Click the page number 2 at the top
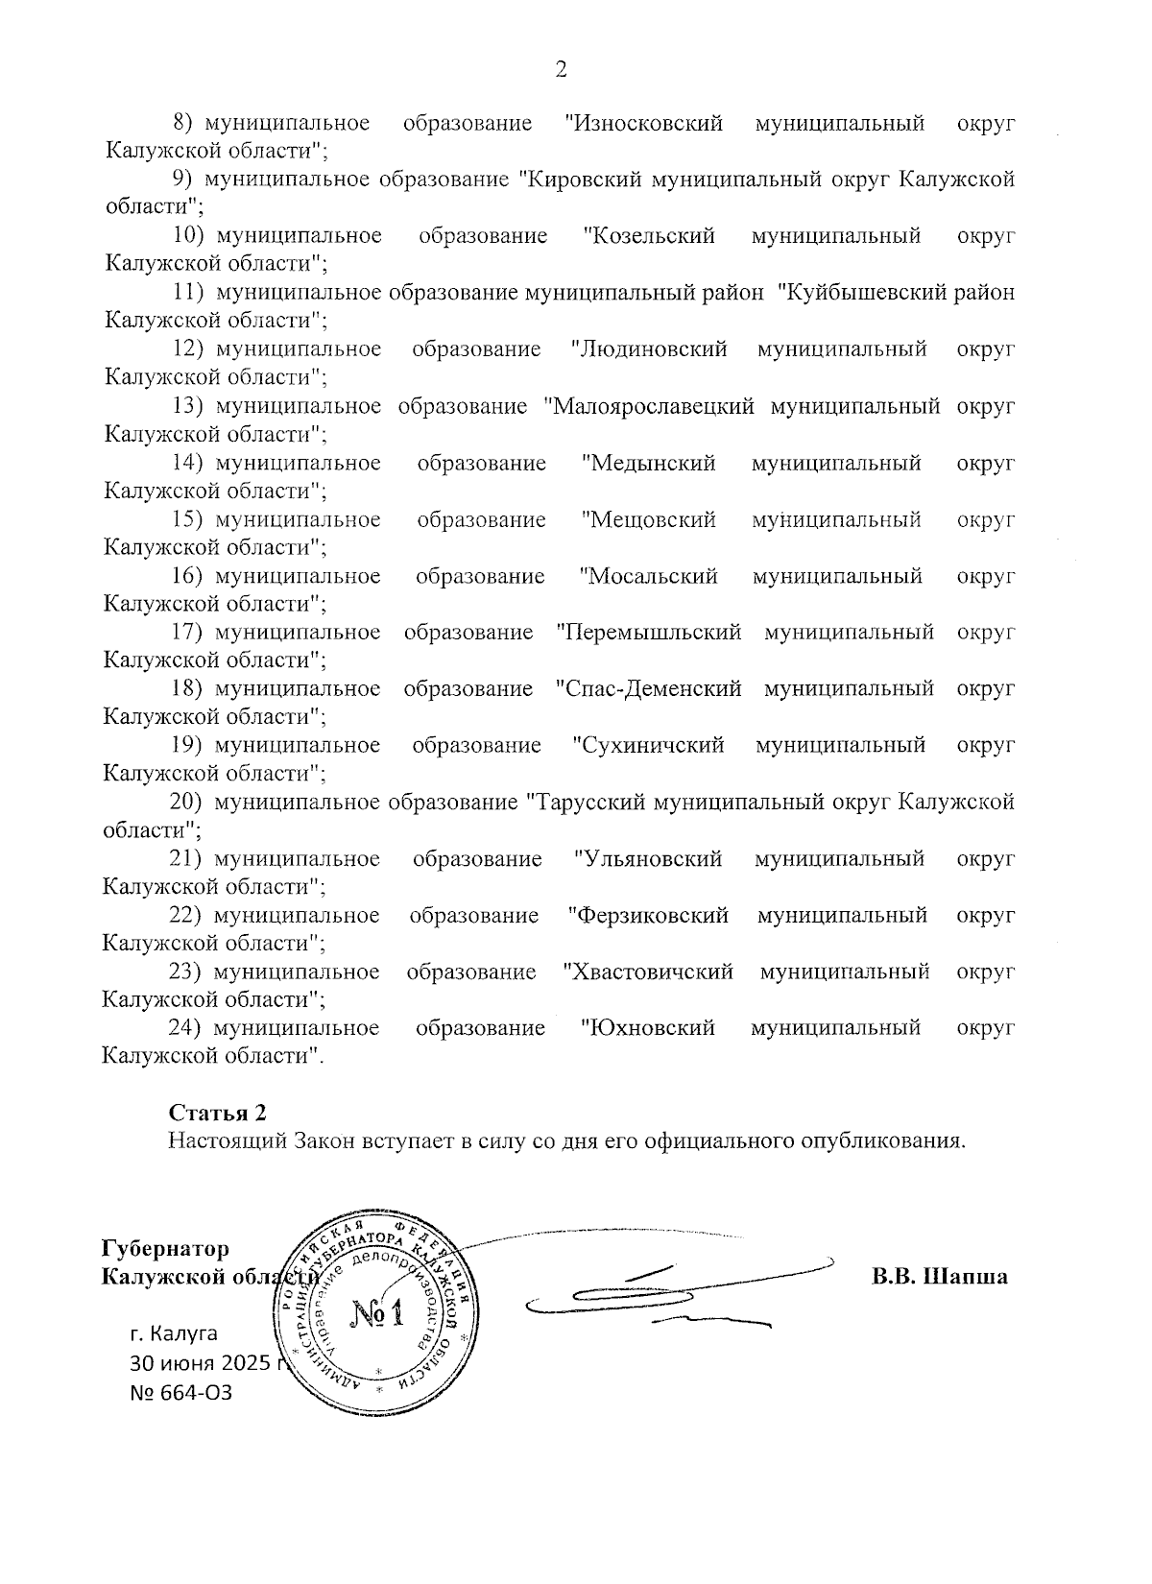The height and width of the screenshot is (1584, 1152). tap(562, 69)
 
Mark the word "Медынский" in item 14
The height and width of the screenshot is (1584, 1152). tap(649, 463)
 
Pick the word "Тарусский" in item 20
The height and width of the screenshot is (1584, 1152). tap(587, 802)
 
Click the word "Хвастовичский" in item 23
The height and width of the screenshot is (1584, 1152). tap(649, 972)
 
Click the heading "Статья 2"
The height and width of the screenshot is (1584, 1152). tap(217, 1113)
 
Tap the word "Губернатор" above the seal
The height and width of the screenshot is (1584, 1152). tap(166, 1249)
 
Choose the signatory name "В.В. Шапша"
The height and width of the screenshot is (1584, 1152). tap(939, 1277)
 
